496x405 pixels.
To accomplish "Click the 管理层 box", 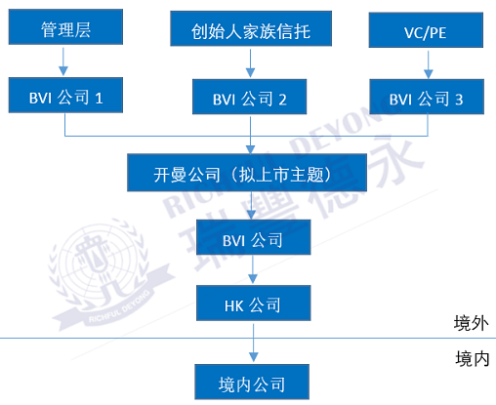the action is [x=65, y=26].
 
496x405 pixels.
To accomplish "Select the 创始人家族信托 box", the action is [x=251, y=28].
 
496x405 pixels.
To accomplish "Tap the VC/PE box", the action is [x=426, y=30].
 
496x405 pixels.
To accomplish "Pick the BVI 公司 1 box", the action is [x=65, y=95].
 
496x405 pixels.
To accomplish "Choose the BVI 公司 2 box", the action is [x=249, y=97].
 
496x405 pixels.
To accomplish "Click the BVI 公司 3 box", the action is [x=427, y=97].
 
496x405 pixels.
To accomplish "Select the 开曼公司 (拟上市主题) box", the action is [x=247, y=173].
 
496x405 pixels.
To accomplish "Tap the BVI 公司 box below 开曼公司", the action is [x=253, y=237].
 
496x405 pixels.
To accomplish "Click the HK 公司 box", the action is [x=253, y=304].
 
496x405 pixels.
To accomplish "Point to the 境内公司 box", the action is [x=252, y=382].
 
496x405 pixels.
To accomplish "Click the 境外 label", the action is [x=471, y=323].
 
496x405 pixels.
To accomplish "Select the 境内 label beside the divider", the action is [x=473, y=359].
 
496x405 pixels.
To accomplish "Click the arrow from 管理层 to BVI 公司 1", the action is [x=63, y=61].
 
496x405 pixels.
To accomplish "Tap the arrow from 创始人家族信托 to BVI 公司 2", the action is [x=250, y=63].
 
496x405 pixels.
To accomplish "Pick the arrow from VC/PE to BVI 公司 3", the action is [x=429, y=64].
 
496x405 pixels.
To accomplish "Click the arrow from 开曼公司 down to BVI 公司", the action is [x=251, y=205].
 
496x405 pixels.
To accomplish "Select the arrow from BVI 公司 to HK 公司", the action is [x=253, y=269].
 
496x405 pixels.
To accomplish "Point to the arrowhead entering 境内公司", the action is [x=254, y=357].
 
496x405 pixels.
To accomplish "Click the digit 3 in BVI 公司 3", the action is [x=459, y=100].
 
